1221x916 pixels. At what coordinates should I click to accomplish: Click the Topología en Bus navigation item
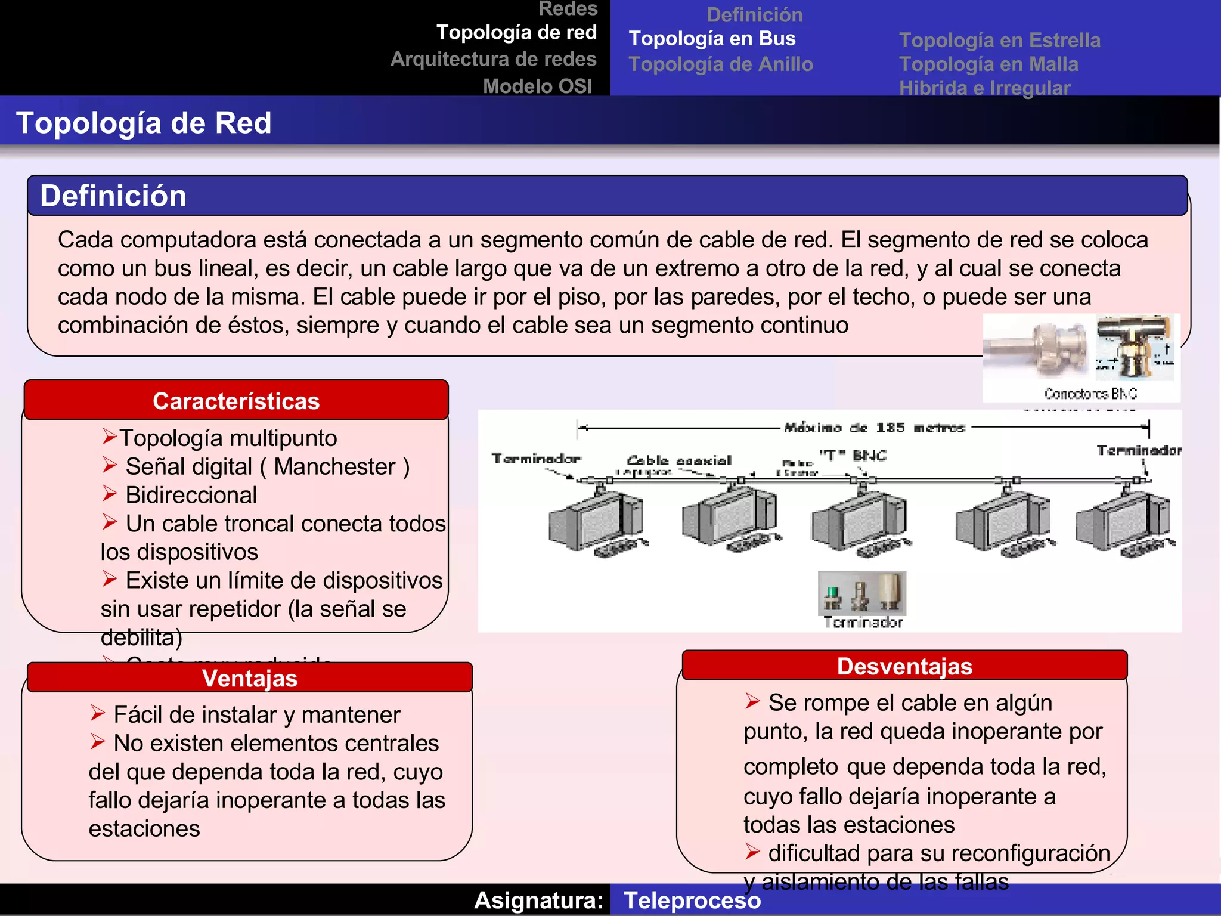point(712,39)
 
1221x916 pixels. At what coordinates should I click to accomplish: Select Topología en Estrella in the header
point(999,41)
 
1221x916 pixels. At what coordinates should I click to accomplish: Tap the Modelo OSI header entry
point(537,86)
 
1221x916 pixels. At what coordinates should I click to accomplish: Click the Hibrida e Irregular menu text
point(984,88)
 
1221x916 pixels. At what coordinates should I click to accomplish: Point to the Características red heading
point(236,401)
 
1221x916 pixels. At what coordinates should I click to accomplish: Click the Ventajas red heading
point(249,678)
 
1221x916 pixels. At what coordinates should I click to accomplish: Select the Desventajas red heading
point(904,666)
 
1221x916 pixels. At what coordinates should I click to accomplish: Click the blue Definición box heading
point(113,196)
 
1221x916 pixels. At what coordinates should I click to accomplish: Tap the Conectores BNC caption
point(1090,394)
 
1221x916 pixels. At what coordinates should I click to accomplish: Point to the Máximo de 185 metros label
point(874,428)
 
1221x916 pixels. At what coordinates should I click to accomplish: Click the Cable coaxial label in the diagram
point(678,460)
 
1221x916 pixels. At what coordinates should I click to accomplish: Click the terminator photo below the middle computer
point(861,593)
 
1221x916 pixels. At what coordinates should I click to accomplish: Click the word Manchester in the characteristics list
point(334,467)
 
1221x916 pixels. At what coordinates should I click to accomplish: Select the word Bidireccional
point(191,496)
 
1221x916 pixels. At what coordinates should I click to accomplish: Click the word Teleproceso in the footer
point(692,900)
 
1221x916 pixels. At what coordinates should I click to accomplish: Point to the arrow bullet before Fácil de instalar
point(98,713)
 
